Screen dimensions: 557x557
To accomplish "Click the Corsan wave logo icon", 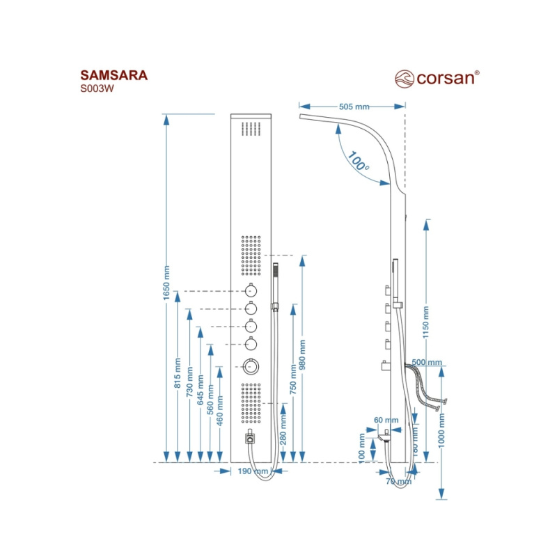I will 405,77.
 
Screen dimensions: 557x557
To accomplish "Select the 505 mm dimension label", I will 354,107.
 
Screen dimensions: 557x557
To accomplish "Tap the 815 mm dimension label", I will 178,376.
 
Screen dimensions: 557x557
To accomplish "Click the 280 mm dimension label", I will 283,436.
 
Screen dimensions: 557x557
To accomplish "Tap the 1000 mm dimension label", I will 441,432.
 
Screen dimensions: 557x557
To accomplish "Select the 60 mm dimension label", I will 386,420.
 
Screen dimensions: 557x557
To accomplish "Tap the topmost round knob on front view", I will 251,291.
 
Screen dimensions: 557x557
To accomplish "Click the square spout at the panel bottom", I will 250,438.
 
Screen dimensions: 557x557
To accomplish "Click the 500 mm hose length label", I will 427,363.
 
